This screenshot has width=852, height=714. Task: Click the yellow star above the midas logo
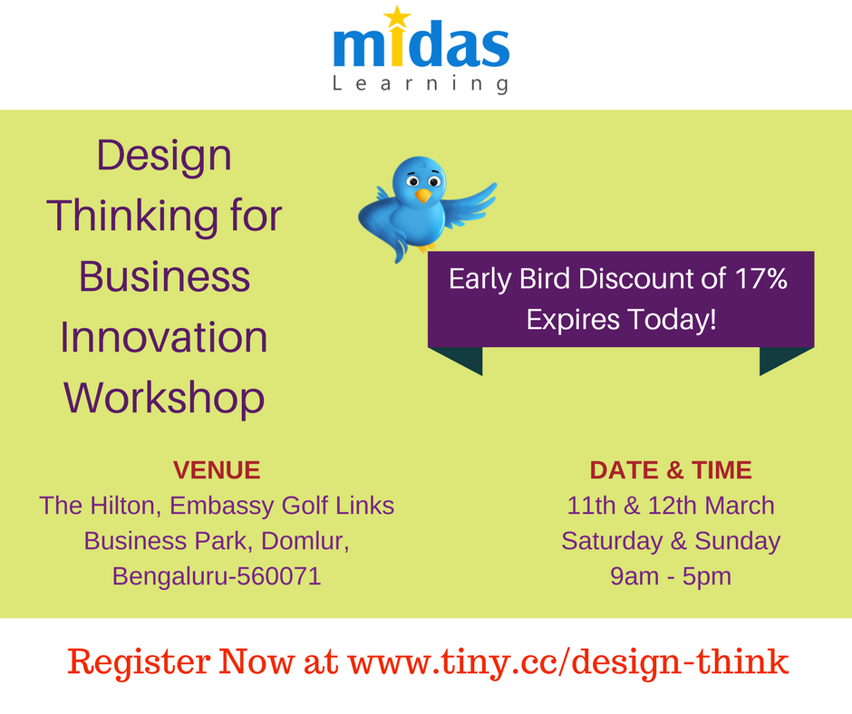tap(395, 17)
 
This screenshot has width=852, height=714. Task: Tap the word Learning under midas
tap(421, 84)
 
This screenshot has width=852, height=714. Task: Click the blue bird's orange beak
tap(422, 195)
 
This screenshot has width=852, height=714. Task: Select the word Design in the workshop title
tap(164, 155)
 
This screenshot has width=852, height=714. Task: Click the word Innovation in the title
tap(164, 337)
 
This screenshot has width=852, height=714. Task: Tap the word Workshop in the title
tap(164, 398)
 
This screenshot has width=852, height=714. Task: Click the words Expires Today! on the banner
tap(621, 319)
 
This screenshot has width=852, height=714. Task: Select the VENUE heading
tap(216, 470)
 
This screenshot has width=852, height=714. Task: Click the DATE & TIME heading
tap(671, 470)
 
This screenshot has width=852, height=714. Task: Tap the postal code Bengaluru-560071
tap(217, 576)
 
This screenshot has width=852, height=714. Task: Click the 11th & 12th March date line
tap(671, 506)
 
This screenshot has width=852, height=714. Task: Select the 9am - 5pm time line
tap(671, 576)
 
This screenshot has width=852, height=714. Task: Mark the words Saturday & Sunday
tap(671, 541)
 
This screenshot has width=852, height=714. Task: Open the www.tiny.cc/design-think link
tap(568, 663)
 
